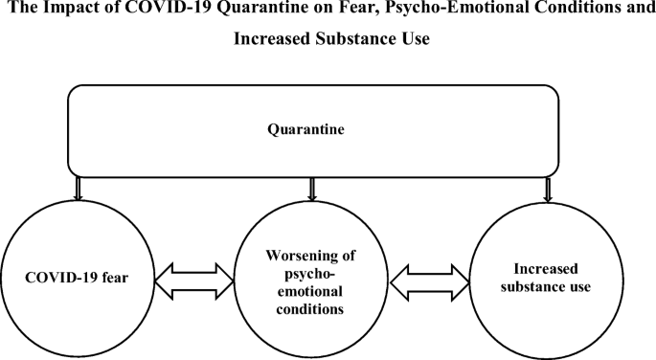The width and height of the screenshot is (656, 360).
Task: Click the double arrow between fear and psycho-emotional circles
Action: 194,279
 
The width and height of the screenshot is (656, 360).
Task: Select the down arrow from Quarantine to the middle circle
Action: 309,189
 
